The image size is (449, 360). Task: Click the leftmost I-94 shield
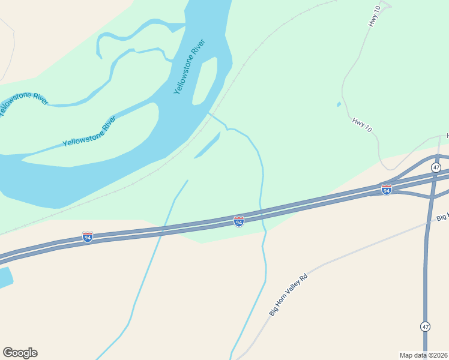pos(88,237)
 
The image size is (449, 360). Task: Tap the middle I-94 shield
pos(239,222)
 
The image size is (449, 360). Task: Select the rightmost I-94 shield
pos(387,190)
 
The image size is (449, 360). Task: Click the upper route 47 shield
pos(436,167)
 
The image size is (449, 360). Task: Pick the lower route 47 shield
pos(425,326)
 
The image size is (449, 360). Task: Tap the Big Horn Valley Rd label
pos(288,295)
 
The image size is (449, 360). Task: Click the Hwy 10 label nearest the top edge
pos(374,16)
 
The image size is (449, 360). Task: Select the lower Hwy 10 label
pos(362,125)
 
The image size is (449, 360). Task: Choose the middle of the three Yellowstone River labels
pos(89,133)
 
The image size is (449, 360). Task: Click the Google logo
pos(20,353)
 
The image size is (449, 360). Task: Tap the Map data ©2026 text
pos(423,355)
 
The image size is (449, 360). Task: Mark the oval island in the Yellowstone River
pos(204,81)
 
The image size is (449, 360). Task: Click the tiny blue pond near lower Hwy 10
pos(339,104)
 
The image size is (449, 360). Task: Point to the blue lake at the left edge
pos(5,278)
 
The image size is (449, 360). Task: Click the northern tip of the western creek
pos(187,181)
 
